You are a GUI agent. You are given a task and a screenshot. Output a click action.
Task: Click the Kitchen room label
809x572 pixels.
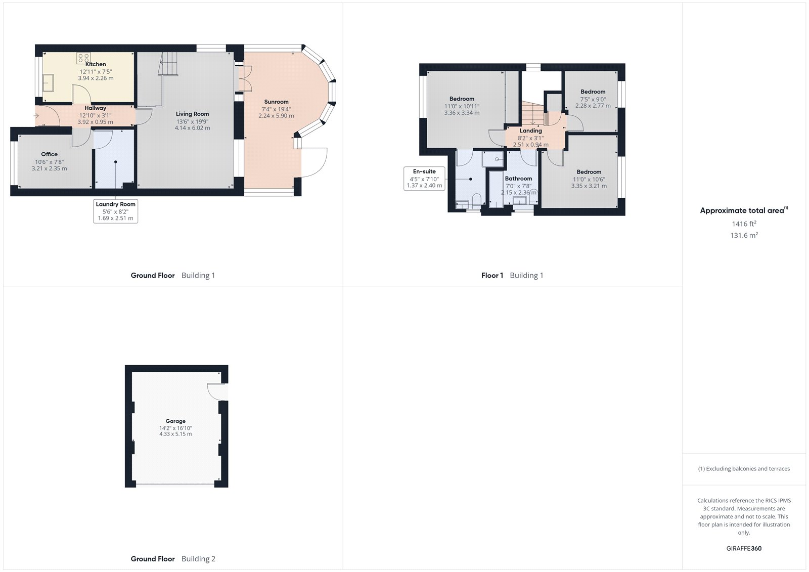(x=96, y=64)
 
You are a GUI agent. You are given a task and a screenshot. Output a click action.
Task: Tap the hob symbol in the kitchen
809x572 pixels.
(x=83, y=58)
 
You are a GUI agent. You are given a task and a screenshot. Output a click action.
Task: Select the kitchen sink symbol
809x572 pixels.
(x=49, y=82)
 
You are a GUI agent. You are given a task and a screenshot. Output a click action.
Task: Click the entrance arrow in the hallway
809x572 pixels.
(x=36, y=116)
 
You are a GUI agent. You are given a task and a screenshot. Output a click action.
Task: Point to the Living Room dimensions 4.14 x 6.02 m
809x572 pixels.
(x=192, y=128)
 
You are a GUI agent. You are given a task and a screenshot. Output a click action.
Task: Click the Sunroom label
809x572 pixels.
(x=276, y=102)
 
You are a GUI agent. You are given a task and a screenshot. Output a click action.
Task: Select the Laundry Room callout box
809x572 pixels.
(x=116, y=211)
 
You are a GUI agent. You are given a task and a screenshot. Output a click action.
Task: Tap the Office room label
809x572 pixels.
(x=49, y=154)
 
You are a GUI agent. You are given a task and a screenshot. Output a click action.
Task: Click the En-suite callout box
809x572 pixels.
(x=424, y=179)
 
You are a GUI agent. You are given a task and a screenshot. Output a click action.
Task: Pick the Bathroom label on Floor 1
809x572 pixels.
(x=518, y=179)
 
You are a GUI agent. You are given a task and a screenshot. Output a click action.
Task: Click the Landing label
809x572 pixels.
(x=530, y=130)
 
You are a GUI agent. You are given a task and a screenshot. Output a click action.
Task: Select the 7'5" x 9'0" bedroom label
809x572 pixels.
(x=593, y=92)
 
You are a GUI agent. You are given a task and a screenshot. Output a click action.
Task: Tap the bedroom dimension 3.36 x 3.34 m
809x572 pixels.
(x=462, y=113)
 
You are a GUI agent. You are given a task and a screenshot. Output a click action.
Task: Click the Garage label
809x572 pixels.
(x=175, y=421)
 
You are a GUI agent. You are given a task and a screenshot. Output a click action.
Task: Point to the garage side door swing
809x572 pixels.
(x=216, y=391)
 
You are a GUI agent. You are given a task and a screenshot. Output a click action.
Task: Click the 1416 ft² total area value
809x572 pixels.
(x=744, y=224)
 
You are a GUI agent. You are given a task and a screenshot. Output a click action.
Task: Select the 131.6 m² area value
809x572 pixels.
(x=744, y=235)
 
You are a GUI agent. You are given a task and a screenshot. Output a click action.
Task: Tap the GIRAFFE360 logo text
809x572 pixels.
(x=744, y=548)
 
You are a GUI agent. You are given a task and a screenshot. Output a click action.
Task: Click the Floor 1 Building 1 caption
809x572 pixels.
(x=512, y=275)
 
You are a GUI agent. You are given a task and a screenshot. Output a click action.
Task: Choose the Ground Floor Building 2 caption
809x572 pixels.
(x=173, y=559)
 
